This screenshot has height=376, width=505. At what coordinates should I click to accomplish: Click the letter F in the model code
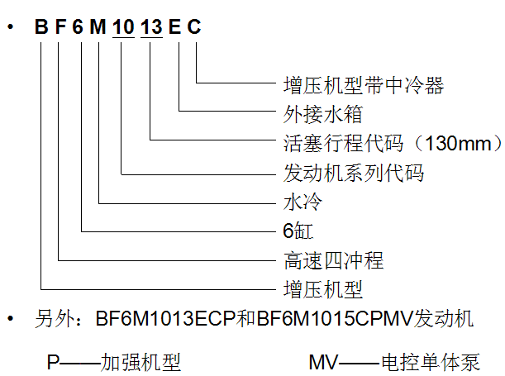(x=60, y=28)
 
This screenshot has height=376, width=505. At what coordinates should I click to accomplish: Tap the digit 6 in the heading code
(x=79, y=28)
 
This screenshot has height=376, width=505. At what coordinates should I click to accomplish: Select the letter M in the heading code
(x=99, y=28)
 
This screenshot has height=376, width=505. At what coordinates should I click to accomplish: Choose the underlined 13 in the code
(x=152, y=28)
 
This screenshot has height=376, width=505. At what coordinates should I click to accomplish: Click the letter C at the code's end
(x=194, y=28)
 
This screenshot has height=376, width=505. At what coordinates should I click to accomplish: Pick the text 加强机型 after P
(x=141, y=361)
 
